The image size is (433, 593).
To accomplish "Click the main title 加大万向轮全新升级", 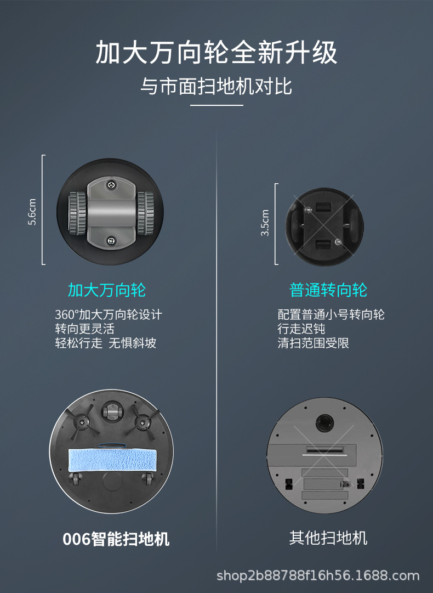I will point(216,53).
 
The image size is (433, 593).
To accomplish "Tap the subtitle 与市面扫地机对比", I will point(216,87).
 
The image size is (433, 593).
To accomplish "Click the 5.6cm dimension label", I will point(32,211).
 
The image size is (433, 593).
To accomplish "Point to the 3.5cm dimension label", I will point(265,223).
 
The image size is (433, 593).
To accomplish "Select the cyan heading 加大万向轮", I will point(107,290).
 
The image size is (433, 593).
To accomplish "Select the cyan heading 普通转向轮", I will point(328,290).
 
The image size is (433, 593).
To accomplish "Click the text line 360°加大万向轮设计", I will point(109,314).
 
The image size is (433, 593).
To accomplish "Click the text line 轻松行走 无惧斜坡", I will point(105,343).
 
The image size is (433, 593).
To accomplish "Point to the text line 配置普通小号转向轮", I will point(331,314).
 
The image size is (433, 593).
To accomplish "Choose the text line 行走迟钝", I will point(301,329).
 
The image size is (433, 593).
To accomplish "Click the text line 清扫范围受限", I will point(313,343).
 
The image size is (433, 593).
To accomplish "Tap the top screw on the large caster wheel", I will point(111,185).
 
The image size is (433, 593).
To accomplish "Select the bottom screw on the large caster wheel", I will point(111,240).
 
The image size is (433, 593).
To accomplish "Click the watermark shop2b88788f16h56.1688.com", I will point(318,575).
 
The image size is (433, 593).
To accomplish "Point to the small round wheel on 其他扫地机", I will point(323,421).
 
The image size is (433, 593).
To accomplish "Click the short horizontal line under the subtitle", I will point(216,105).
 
